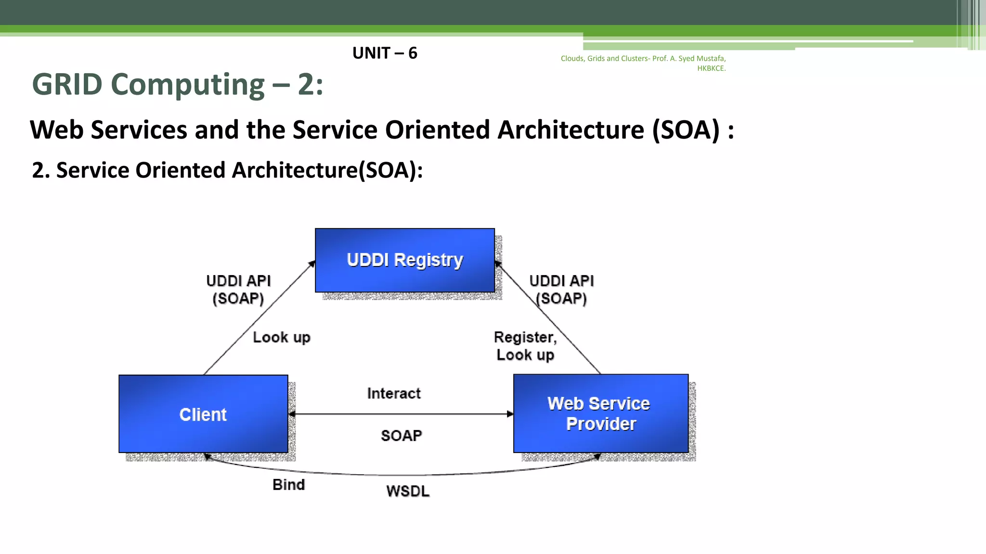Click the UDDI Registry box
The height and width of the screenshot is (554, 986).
pos(404,260)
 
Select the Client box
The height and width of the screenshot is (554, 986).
pos(203,414)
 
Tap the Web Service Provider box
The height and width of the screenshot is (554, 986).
pos(600,414)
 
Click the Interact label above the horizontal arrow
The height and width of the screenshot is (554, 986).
pos(394,393)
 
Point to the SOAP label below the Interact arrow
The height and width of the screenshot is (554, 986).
pos(401,436)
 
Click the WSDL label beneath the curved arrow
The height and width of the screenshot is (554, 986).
pos(408,491)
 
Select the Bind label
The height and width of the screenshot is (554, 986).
pos(288,485)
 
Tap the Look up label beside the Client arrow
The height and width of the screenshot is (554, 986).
pos(282,337)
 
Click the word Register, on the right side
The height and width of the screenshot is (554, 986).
pos(525,337)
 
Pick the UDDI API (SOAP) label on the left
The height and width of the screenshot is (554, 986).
pos(238,290)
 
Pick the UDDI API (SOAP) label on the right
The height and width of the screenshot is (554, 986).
pos(561,290)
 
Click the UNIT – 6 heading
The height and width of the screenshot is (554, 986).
pos(385,53)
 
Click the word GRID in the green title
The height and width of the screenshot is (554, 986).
pos(67,85)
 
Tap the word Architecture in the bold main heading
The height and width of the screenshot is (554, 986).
pos(571,130)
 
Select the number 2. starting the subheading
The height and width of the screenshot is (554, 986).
pos(40,170)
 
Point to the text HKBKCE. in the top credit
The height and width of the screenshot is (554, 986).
pos(711,68)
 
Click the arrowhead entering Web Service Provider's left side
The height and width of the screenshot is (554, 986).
pos(510,414)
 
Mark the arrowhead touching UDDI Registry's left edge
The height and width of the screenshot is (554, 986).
pos(312,263)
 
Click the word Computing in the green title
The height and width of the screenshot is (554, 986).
pos(188,85)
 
